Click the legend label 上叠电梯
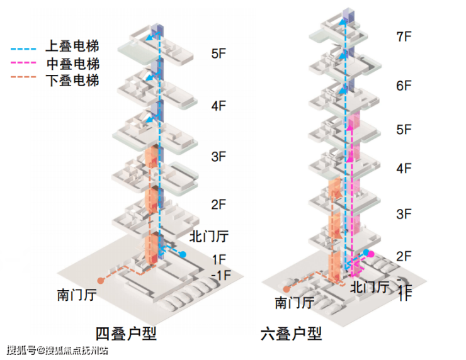(x=72, y=46)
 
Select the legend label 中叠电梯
(x=72, y=64)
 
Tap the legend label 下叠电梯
(x=72, y=81)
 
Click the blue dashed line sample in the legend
(x=26, y=47)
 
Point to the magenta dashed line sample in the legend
(x=26, y=64)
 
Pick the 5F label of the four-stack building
(x=219, y=53)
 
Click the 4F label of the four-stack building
(x=219, y=106)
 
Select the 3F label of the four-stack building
(x=219, y=157)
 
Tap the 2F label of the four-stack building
(x=219, y=204)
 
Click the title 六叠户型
(x=291, y=334)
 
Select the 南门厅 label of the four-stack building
(x=76, y=294)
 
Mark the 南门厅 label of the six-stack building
(x=294, y=302)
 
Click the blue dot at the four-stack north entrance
(x=183, y=254)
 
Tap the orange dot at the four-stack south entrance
(x=99, y=279)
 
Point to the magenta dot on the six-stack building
(x=371, y=254)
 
